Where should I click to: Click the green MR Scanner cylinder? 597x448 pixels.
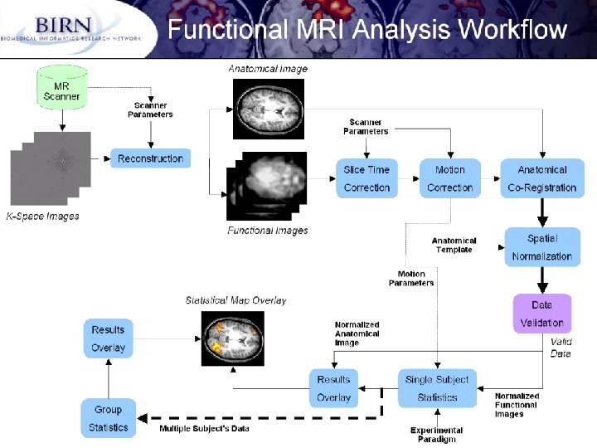tap(62, 87)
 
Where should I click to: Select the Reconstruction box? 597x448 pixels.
tap(150, 158)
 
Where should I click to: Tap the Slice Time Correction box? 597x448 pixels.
tap(366, 178)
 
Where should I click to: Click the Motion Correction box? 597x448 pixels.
tap(450, 178)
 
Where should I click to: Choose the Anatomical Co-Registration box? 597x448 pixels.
tap(542, 178)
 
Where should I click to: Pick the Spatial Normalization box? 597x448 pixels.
tap(542, 247)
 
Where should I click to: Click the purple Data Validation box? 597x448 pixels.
tap(542, 314)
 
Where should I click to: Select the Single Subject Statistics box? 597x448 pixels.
tap(437, 388)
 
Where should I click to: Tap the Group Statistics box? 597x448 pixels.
tap(109, 418)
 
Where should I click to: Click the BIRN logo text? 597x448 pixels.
tap(63, 25)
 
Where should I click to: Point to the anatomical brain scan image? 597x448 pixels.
tap(269, 109)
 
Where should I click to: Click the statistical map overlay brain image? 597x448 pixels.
tap(233, 338)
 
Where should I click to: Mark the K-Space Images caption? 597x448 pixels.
tap(42, 217)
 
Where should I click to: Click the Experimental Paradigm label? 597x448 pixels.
tap(437, 435)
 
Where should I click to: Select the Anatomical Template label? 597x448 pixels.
tap(454, 246)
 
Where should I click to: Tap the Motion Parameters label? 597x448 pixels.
tap(411, 279)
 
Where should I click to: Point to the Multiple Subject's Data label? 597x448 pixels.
tap(204, 429)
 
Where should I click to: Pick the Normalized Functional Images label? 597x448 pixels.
tap(517, 405)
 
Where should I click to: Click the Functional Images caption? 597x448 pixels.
tap(268, 231)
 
